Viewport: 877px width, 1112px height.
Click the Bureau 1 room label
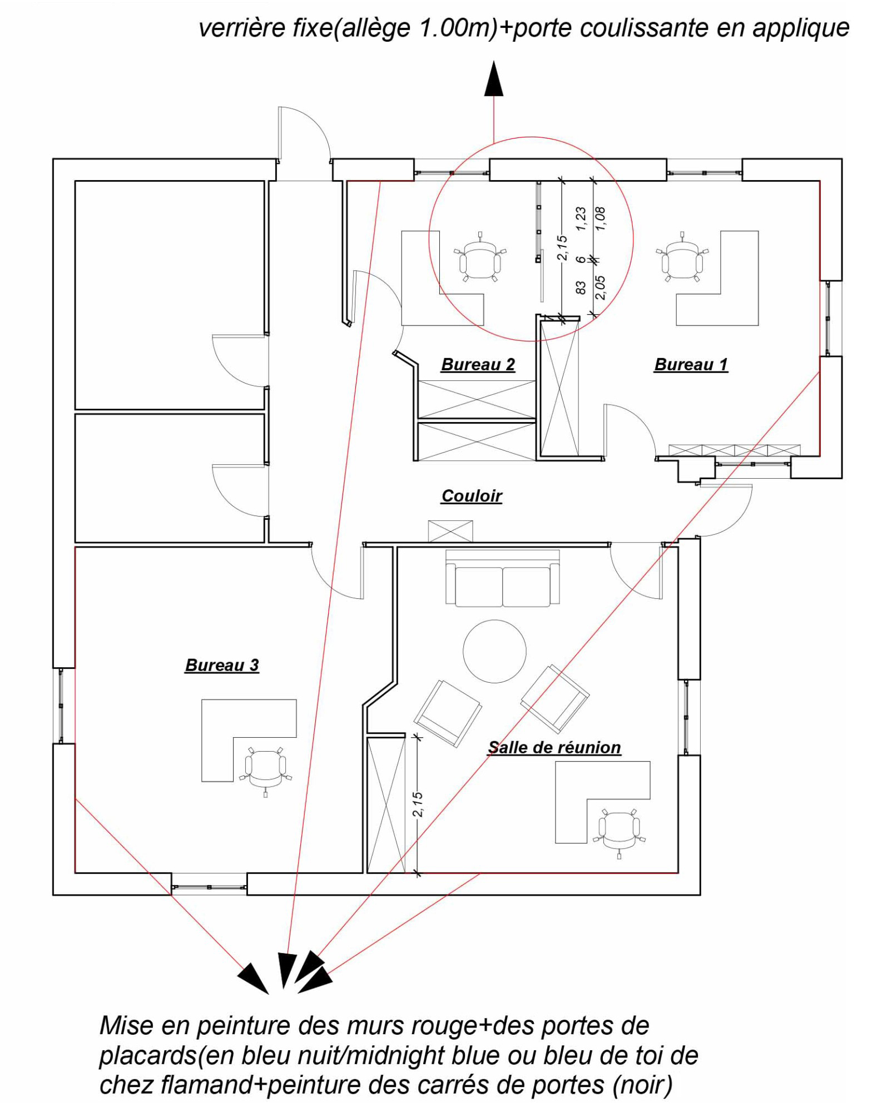click(x=691, y=365)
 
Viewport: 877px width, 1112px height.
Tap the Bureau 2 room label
click(x=478, y=365)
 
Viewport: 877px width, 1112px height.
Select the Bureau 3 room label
click(x=222, y=665)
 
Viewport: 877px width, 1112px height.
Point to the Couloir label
click(x=472, y=496)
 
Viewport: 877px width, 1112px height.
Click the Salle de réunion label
click(x=554, y=747)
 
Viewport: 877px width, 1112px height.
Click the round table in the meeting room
click(x=494, y=651)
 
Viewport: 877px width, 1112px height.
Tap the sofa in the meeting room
click(x=502, y=578)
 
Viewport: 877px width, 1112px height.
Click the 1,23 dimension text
click(x=581, y=219)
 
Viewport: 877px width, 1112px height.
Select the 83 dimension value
click(x=581, y=287)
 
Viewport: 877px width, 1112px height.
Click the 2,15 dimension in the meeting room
click(x=418, y=805)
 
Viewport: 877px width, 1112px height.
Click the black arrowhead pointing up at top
click(x=493, y=79)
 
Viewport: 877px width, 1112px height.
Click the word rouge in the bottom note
click(x=444, y=1026)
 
